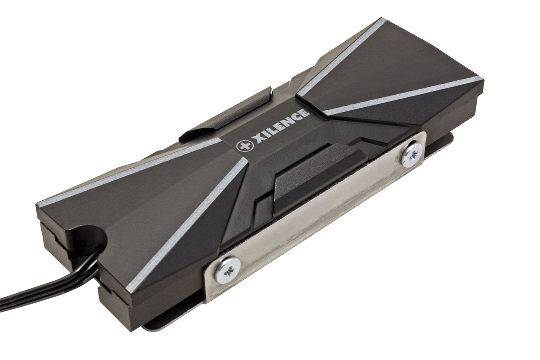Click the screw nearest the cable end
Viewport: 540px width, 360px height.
[x=228, y=270]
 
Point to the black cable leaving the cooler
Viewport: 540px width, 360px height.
[x=48, y=277]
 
